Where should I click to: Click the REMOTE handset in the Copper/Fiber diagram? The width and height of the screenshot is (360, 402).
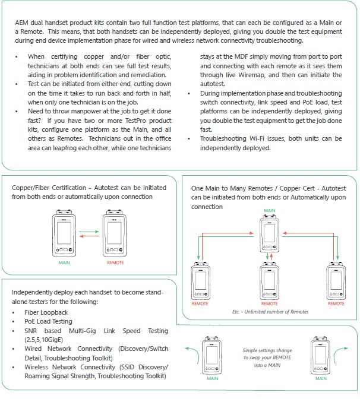(x=115, y=235)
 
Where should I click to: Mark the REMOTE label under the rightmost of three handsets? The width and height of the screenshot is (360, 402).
(x=336, y=304)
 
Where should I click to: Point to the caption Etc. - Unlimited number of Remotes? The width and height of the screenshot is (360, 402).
(x=270, y=311)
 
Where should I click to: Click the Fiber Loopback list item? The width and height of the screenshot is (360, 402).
(x=46, y=312)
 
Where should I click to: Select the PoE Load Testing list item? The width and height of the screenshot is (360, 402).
(x=48, y=321)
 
